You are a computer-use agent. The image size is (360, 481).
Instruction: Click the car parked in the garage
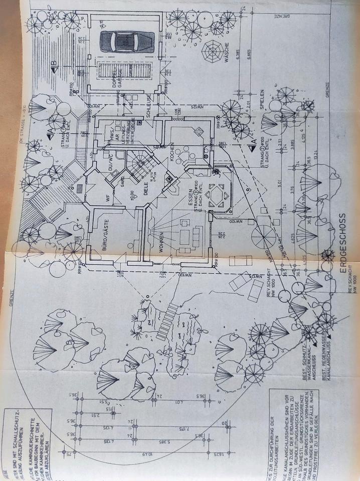(127, 40)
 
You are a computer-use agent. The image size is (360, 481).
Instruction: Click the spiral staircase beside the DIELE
(140, 163)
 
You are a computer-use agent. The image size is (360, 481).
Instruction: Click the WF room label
(106, 199)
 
